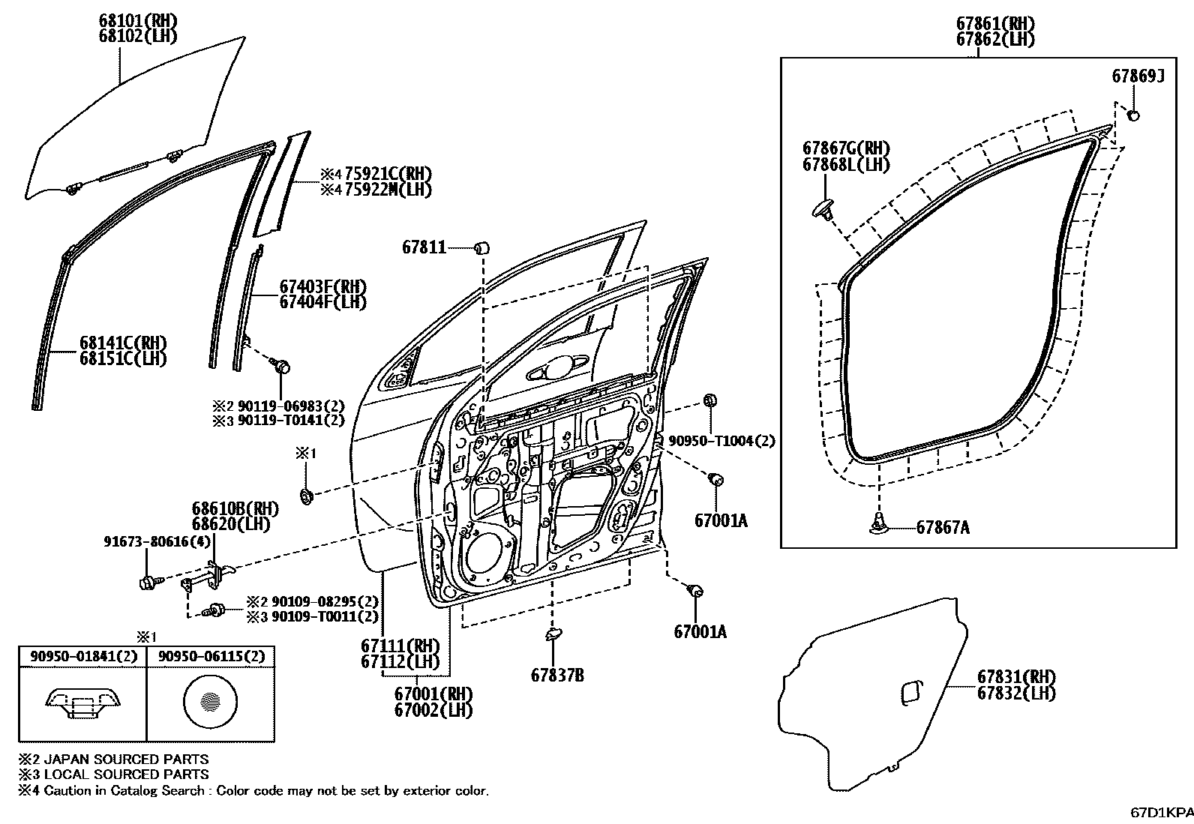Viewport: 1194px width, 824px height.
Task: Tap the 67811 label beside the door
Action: pyautogui.click(x=424, y=247)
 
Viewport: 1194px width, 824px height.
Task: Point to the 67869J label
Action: pyautogui.click(x=1138, y=76)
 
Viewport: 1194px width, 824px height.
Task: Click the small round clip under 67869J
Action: pyautogui.click(x=1134, y=115)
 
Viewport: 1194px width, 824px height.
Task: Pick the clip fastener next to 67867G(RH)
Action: pyautogui.click(x=825, y=208)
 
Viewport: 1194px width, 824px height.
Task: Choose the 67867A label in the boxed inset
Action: pyautogui.click(x=943, y=528)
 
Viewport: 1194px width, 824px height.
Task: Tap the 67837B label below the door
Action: pyautogui.click(x=557, y=675)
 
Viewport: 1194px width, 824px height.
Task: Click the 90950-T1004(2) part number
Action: pyautogui.click(x=721, y=442)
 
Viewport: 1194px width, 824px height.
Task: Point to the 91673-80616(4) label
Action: pyautogui.click(x=157, y=542)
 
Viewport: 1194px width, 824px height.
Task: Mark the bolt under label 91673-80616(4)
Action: pyautogui.click(x=147, y=582)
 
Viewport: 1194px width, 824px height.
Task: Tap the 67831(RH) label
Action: pyautogui.click(x=1016, y=676)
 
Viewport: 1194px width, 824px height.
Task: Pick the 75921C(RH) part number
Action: pyautogui.click(x=387, y=174)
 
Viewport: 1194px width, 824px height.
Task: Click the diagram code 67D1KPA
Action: pyautogui.click(x=1162, y=812)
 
